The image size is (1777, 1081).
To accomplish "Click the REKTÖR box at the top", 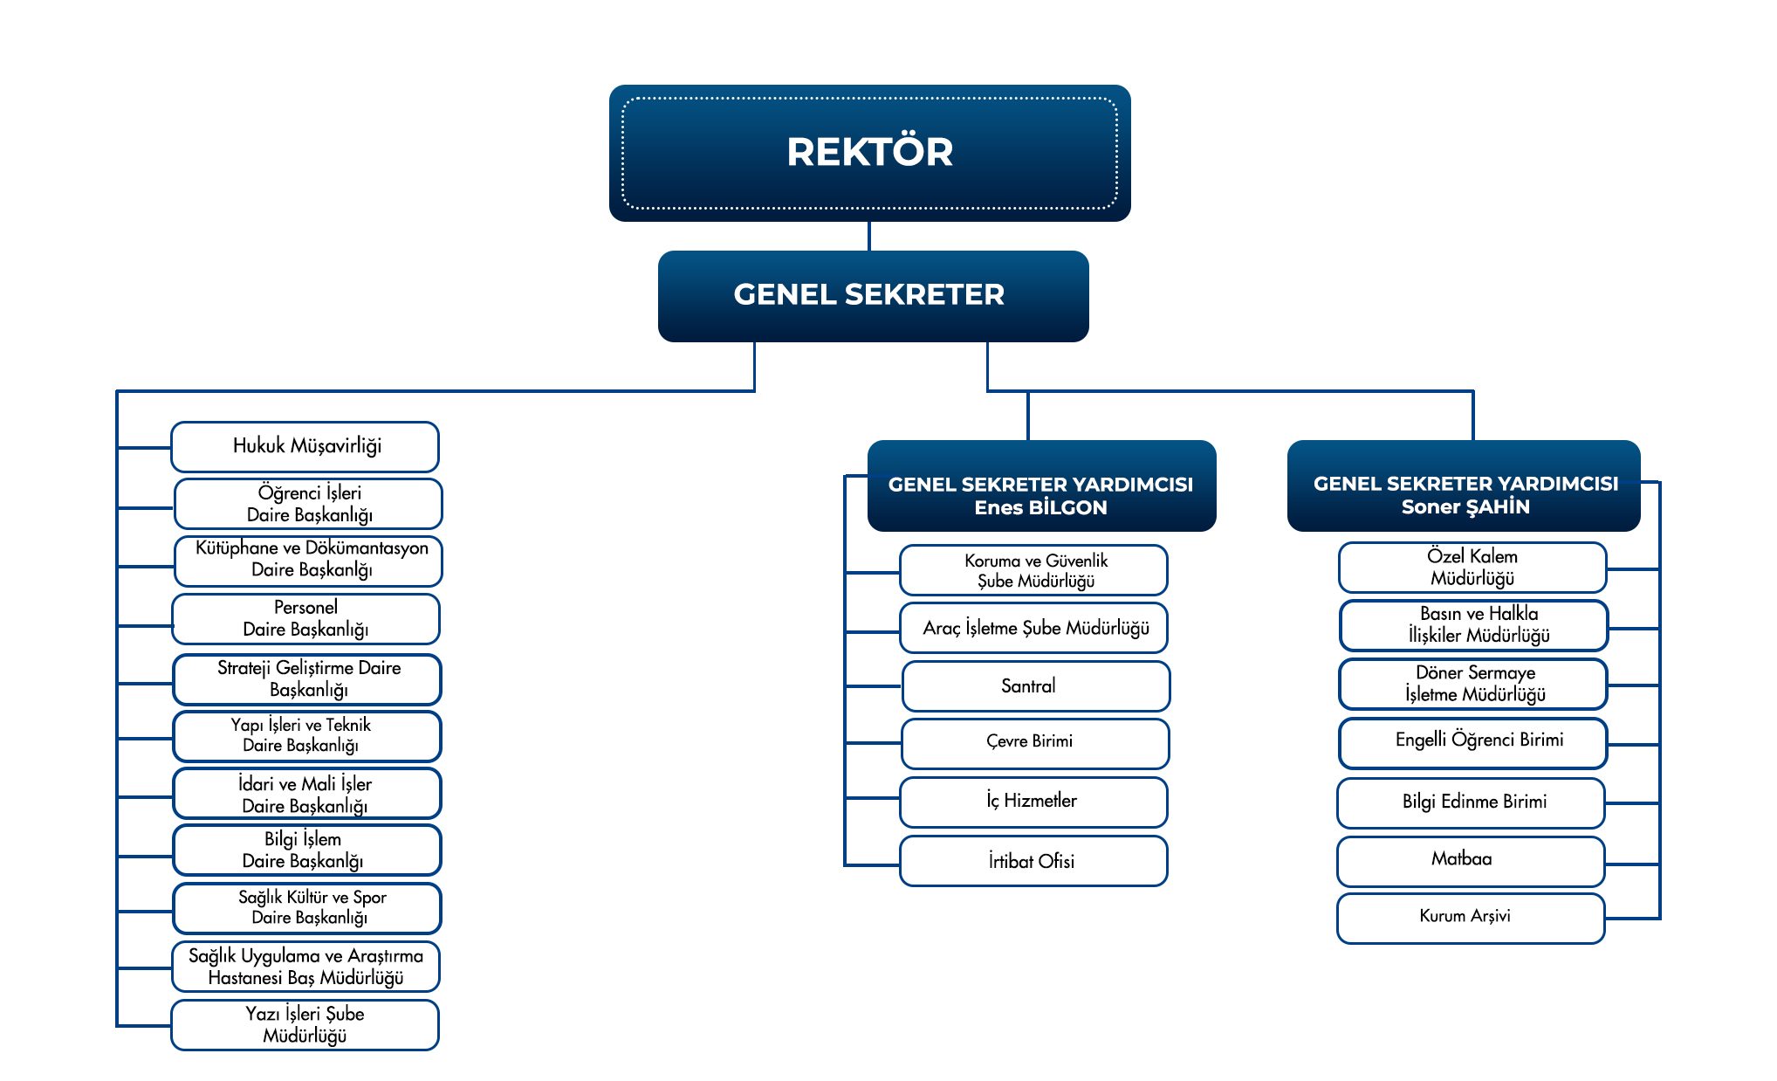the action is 869,153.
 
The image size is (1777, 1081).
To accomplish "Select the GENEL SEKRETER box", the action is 873,296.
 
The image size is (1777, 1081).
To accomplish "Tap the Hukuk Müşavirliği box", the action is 305,447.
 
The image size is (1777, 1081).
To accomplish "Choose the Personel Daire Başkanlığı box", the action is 305,619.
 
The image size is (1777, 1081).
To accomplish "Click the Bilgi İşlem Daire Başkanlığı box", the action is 307,850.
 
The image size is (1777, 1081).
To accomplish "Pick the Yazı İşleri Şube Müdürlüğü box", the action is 305,1025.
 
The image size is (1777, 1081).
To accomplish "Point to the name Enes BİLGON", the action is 1040,508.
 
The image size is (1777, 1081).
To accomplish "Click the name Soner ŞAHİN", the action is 1465,507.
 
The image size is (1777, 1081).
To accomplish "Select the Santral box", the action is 1036,686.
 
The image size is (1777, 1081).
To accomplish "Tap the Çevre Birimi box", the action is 1035,744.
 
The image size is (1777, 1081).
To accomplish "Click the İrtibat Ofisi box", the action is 1033,862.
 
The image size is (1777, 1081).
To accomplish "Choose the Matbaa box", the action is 1471,862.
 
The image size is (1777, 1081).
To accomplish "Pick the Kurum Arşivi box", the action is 1471,919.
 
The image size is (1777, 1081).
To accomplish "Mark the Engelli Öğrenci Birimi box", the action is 1473,743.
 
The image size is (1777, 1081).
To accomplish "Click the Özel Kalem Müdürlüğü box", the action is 1472,568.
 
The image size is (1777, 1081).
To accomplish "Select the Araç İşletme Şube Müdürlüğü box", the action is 1033,628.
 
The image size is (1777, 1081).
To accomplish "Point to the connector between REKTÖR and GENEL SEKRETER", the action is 869,236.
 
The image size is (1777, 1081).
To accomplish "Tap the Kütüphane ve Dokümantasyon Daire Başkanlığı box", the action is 308,561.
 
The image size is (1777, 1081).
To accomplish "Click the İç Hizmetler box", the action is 1033,802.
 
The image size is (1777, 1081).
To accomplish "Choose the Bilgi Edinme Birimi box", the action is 1471,803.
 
